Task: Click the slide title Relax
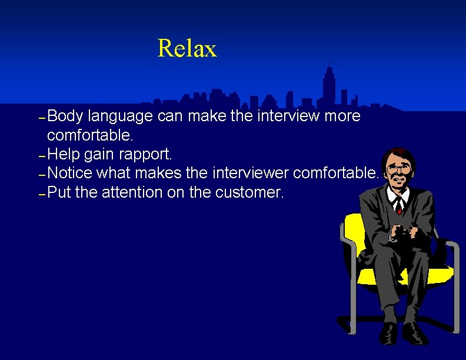click(x=187, y=49)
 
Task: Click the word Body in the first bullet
click(x=65, y=116)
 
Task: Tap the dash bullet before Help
click(x=41, y=157)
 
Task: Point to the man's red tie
click(x=400, y=205)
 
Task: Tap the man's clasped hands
click(x=402, y=232)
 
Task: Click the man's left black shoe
click(x=389, y=333)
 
